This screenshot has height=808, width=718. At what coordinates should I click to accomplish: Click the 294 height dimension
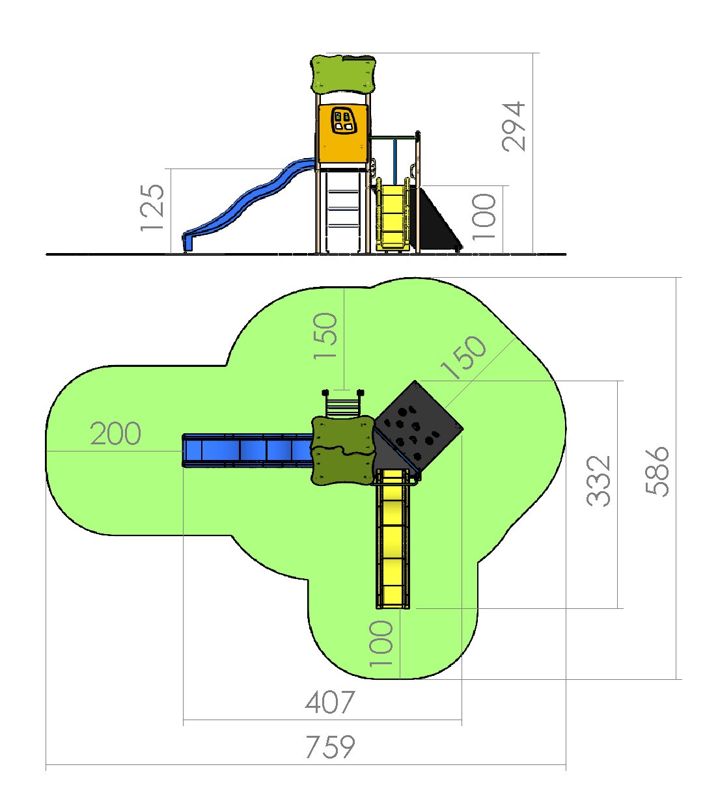click(x=513, y=126)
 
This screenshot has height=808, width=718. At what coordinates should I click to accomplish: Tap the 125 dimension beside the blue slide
click(x=152, y=208)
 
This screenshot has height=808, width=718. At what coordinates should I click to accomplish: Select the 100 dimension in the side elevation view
click(x=484, y=217)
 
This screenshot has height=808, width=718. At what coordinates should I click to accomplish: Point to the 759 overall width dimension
click(x=330, y=747)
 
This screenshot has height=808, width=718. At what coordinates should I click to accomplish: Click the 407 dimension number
click(x=330, y=703)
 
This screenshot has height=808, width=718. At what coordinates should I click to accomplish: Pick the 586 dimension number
click(x=657, y=471)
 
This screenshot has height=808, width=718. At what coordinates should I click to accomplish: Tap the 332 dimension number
click(x=598, y=481)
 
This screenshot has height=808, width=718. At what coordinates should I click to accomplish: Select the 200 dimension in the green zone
click(x=115, y=433)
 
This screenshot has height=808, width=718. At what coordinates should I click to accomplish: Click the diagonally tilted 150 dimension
click(x=463, y=357)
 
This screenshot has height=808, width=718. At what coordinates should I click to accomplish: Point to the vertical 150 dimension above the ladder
click(x=325, y=336)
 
